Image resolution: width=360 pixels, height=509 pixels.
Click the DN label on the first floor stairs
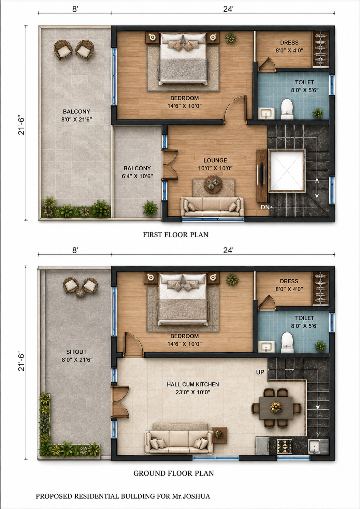coord(265,207)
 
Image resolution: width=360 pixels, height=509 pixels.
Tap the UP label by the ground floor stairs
coord(260,372)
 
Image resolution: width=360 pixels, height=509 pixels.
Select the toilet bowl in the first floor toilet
coord(287,109)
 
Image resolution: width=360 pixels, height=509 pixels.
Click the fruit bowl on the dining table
coord(276,408)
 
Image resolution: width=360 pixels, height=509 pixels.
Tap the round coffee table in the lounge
coord(213,184)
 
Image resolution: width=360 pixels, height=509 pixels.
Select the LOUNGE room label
coord(215,160)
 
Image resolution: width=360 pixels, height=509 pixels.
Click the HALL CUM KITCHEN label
coord(193,384)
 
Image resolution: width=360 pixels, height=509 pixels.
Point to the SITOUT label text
coord(76,352)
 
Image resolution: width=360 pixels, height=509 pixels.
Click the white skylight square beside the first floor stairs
coord(287,171)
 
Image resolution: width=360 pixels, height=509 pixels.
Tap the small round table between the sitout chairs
coord(80,293)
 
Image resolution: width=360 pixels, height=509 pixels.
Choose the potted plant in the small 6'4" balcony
coord(150,208)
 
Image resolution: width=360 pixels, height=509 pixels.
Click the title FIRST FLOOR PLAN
coord(176,235)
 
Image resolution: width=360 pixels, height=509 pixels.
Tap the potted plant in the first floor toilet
coord(318,113)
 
